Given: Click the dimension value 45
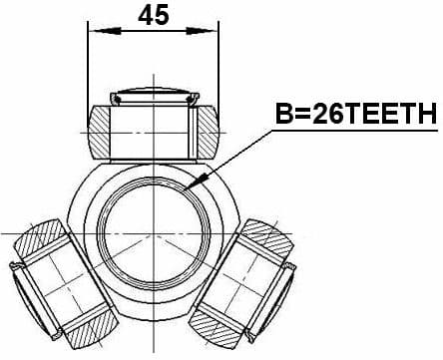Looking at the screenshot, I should tap(154, 16).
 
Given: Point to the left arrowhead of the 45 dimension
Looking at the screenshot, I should tap(94, 32).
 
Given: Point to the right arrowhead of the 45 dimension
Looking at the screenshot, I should tap(213, 32).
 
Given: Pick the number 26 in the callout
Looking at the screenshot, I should tap(326, 116).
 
